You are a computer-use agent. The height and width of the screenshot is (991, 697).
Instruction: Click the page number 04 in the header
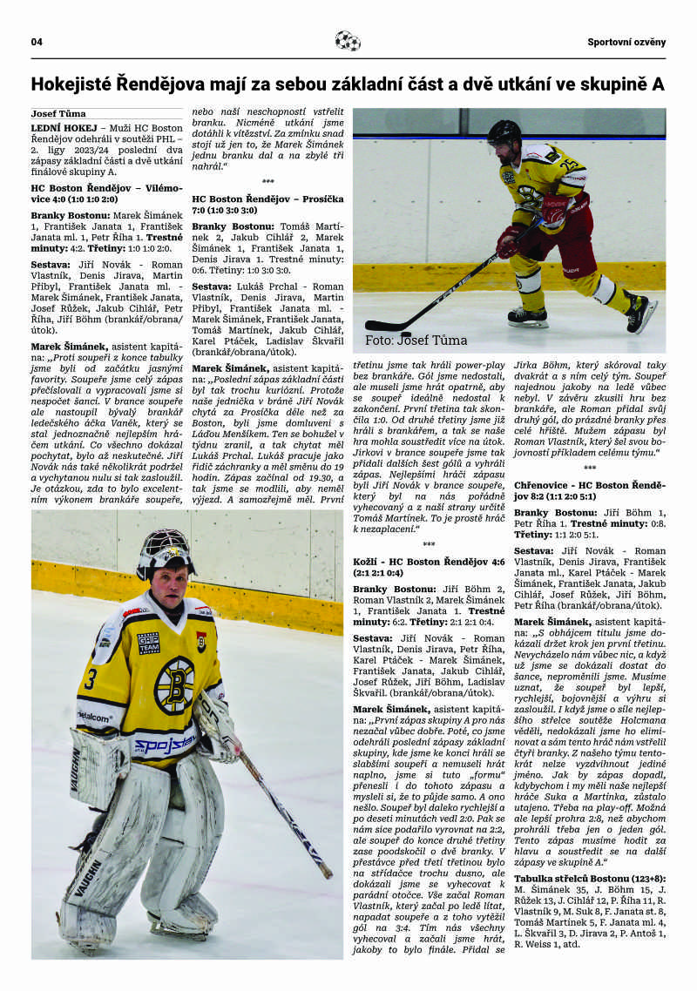click(x=37, y=42)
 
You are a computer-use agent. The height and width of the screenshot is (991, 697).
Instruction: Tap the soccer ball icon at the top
click(x=348, y=41)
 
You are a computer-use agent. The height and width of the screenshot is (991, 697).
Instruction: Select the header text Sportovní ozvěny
click(x=626, y=42)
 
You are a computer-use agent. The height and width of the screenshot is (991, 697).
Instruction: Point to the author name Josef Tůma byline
click(x=58, y=113)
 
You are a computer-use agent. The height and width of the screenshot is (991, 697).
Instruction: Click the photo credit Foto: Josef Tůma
click(x=416, y=340)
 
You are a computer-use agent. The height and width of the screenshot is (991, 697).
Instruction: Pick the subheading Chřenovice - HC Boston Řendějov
click(x=589, y=489)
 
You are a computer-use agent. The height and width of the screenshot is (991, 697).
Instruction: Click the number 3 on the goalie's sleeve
click(x=89, y=678)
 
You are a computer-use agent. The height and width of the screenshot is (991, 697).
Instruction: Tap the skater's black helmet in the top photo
click(x=504, y=132)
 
